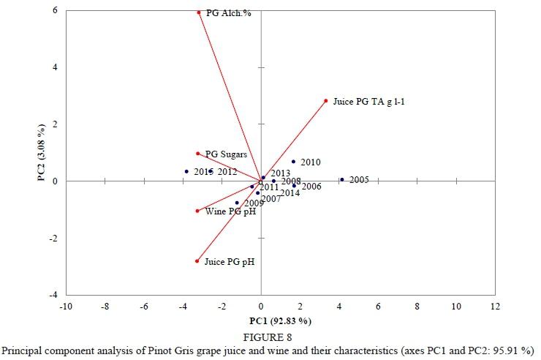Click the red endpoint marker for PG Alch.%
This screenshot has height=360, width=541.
pyautogui.click(x=199, y=12)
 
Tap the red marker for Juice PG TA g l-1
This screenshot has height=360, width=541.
pyautogui.click(x=326, y=101)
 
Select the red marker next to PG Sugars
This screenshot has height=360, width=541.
pyautogui.click(x=197, y=154)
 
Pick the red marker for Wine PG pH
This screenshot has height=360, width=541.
pyautogui.click(x=197, y=211)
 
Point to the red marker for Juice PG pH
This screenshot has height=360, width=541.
pyautogui.click(x=197, y=261)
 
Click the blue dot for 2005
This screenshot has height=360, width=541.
pyautogui.click(x=341, y=179)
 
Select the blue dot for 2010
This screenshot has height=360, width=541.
pyautogui.click(x=293, y=162)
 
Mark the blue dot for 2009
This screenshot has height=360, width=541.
pyautogui.click(x=237, y=203)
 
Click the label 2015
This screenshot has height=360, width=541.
pyautogui.click(x=203, y=172)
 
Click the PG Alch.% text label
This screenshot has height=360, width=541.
pyautogui.click(x=229, y=13)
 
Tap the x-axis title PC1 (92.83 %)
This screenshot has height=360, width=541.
pyautogui.click(x=281, y=320)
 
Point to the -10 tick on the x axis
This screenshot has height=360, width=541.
pyautogui.click(x=66, y=305)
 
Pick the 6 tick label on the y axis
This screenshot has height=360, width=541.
pyautogui.click(x=56, y=11)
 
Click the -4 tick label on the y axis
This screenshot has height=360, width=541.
pyautogui.click(x=53, y=295)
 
